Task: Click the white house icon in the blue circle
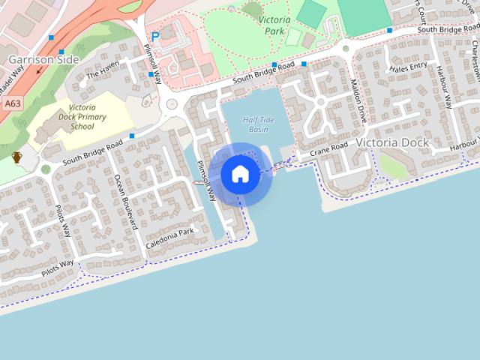click(x=240, y=174)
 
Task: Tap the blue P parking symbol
click(x=155, y=36)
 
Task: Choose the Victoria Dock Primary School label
click(x=82, y=117)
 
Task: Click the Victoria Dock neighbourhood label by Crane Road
click(x=392, y=142)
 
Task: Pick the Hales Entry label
click(x=409, y=67)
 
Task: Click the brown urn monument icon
click(x=16, y=157)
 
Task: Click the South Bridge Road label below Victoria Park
click(x=253, y=73)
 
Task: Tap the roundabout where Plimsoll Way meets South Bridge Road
click(x=171, y=104)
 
